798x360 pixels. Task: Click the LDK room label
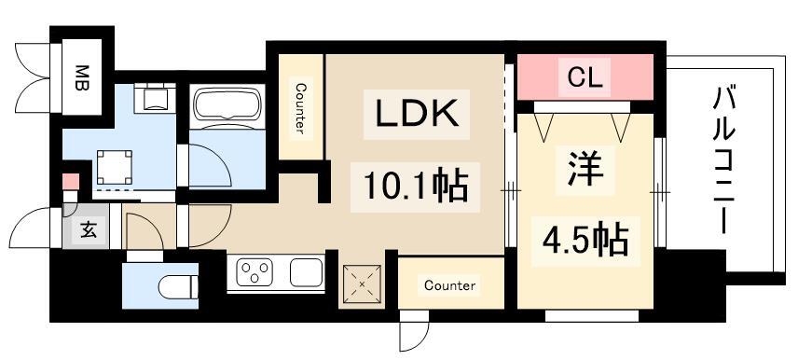point(416,115)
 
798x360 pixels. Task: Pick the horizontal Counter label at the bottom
point(449,285)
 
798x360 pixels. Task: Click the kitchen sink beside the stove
point(305,273)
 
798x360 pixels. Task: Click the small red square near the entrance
point(69,182)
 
